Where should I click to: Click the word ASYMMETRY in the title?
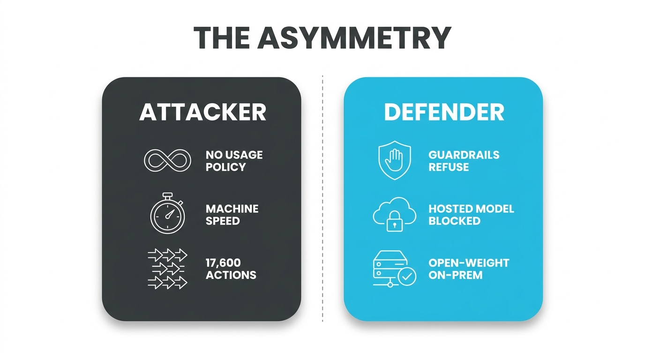pyautogui.click(x=354, y=37)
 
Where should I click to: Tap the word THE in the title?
pyautogui.click(x=222, y=37)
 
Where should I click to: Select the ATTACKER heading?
pyautogui.click(x=202, y=112)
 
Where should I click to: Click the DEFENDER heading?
pyautogui.click(x=444, y=112)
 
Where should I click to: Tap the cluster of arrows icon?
pyautogui.click(x=167, y=269)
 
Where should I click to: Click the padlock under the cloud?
pyautogui.click(x=395, y=221)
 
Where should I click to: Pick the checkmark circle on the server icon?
pyautogui.click(x=406, y=277)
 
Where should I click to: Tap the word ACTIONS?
pyautogui.click(x=231, y=275)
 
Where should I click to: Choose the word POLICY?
pyautogui.click(x=226, y=167)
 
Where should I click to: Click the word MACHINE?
pyautogui.click(x=232, y=209)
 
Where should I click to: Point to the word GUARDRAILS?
pyautogui.click(x=464, y=155)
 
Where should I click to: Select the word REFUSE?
pyautogui.click(x=449, y=167)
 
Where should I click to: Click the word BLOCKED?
pyautogui.click(x=454, y=221)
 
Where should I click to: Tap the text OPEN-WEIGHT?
pyautogui.click(x=469, y=263)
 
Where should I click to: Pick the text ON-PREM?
pyautogui.click(x=456, y=275)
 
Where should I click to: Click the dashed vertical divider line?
pyautogui.click(x=322, y=199)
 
